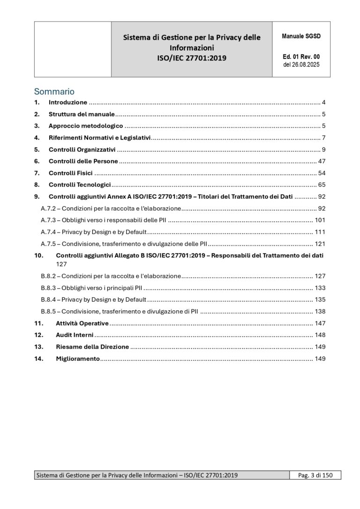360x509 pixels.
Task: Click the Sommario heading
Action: pos(54,91)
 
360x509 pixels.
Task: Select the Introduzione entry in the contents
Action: pos(68,102)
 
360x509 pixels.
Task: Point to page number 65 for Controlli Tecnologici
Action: pos(322,185)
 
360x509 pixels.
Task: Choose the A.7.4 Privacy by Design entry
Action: pos(94,232)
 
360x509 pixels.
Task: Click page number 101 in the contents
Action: pos(320,220)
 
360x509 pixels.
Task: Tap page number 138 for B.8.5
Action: pos(320,311)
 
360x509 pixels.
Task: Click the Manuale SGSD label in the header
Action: pos(301,36)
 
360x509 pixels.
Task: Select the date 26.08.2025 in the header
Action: pos(301,65)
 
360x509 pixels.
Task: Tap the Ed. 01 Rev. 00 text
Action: pos(301,57)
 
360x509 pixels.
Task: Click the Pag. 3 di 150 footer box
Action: pos(315,475)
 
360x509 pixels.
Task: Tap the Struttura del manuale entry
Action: pos(82,114)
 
